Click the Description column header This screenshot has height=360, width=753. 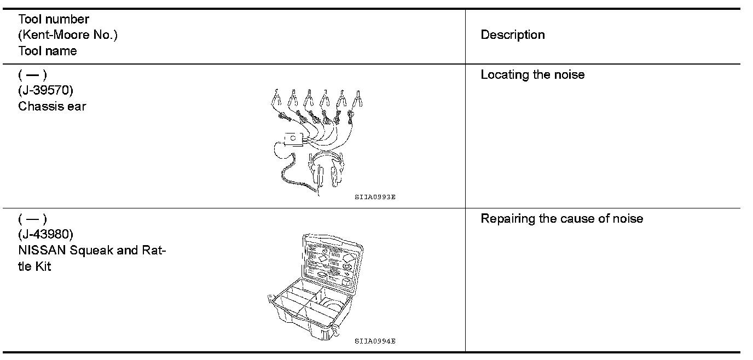click(512, 35)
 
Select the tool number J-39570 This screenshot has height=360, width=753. click(45, 90)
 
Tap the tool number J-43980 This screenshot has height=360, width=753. click(45, 235)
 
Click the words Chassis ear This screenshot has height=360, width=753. click(52, 106)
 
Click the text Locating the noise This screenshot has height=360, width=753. click(532, 75)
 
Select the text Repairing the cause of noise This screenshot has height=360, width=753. click(561, 219)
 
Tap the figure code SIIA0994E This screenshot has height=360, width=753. click(374, 341)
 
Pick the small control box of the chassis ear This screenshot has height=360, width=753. click(293, 138)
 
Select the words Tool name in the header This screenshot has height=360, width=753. click(48, 51)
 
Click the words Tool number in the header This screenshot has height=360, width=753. click(54, 19)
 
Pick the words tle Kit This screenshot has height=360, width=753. click(34, 266)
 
